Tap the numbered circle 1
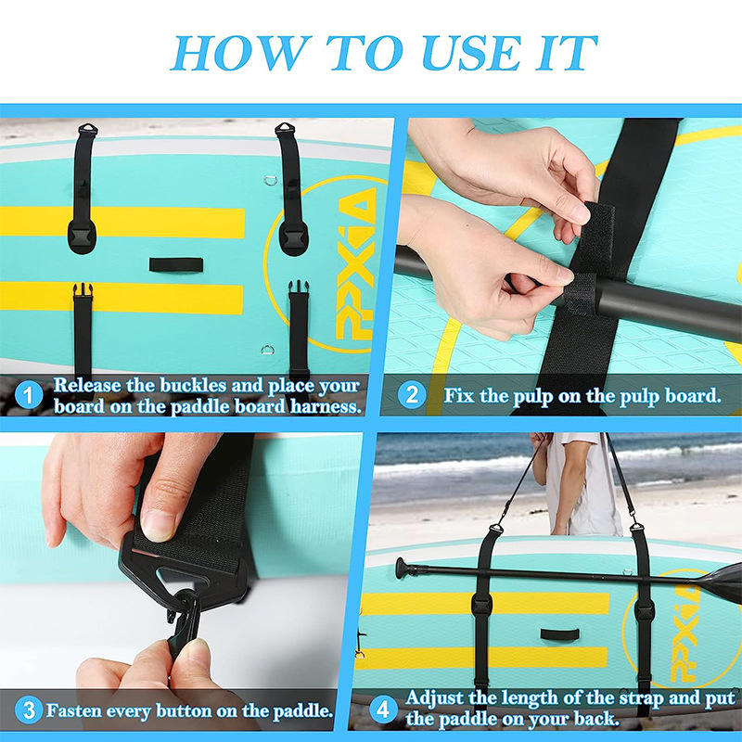tap(29, 395)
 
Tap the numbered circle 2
tap(412, 395)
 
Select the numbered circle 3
tap(29, 710)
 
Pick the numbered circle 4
tap(383, 710)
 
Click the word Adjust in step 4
tap(434, 698)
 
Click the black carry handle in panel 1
tap(176, 264)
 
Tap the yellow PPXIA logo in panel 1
tap(356, 263)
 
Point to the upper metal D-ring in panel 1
tap(270, 180)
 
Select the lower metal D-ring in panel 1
tap(267, 351)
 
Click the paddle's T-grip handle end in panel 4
tap(401, 567)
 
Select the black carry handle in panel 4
tap(560, 634)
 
